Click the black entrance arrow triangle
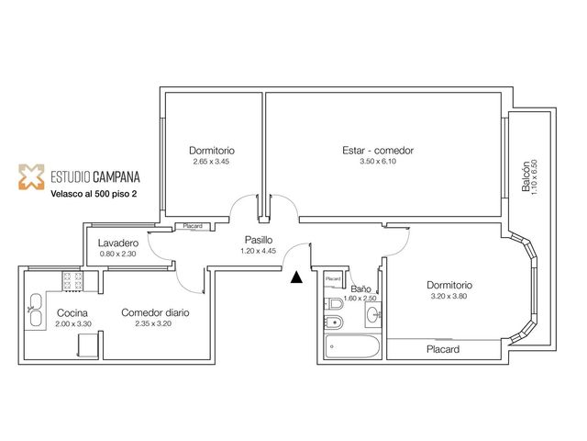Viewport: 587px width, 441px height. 296,277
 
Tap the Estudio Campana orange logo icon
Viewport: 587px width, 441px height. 31,176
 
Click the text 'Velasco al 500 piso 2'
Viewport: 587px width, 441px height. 94,194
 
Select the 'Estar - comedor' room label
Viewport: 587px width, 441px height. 378,151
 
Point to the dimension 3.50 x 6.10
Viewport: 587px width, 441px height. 378,162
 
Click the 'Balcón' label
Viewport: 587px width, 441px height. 526,176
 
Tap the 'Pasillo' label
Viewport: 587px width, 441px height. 259,240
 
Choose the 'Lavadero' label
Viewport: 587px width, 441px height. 118,243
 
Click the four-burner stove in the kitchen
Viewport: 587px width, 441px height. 72,281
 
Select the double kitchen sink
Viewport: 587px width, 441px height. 36,310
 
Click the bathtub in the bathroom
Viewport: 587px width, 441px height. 352,346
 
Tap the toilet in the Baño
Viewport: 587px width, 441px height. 334,303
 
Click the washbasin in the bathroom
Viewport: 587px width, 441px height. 373,314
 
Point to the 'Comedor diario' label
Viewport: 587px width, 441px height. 155,312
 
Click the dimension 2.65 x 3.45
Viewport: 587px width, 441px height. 211,162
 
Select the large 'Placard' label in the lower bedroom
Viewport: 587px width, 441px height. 443,349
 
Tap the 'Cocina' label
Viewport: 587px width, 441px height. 72,312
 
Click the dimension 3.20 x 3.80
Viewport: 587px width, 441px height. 449,296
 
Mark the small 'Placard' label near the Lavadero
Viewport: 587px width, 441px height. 193,226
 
